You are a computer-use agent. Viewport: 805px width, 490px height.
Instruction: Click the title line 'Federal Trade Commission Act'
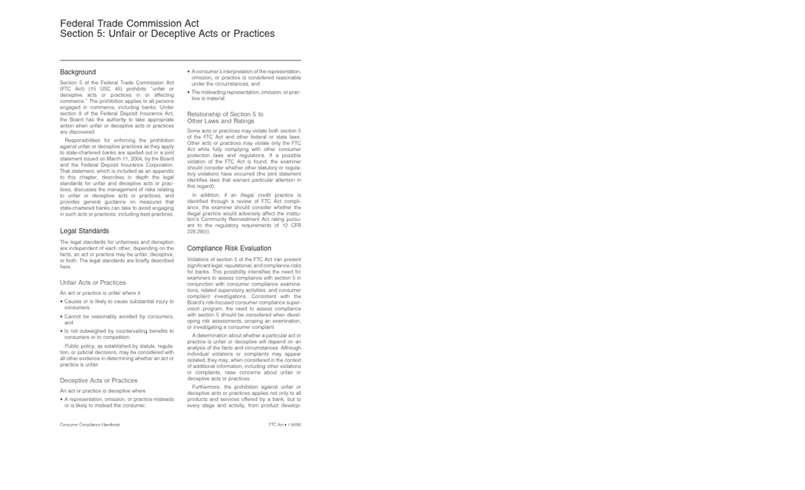[129, 24]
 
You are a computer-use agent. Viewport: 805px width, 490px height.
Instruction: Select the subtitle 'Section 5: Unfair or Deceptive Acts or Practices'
[167, 34]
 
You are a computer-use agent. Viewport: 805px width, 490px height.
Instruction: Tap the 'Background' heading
[78, 72]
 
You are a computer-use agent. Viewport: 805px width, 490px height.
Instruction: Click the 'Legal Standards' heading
[84, 231]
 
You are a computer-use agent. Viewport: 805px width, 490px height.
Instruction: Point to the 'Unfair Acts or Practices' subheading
[93, 282]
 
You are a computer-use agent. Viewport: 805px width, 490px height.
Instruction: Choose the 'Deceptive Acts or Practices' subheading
[98, 381]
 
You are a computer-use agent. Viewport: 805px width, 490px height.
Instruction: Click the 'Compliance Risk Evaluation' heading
[229, 249]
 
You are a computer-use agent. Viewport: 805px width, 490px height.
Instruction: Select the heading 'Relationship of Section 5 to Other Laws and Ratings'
[225, 118]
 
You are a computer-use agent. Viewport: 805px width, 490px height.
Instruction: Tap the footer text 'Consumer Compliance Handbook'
[90, 425]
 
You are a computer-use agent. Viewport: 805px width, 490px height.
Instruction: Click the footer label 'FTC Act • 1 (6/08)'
[285, 425]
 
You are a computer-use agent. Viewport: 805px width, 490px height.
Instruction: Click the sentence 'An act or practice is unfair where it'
[100, 293]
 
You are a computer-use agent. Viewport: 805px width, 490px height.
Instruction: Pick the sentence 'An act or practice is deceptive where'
[102, 391]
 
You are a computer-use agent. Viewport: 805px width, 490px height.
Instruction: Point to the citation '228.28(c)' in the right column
[198, 232]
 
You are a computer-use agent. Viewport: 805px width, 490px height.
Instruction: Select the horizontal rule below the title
[180, 61]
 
